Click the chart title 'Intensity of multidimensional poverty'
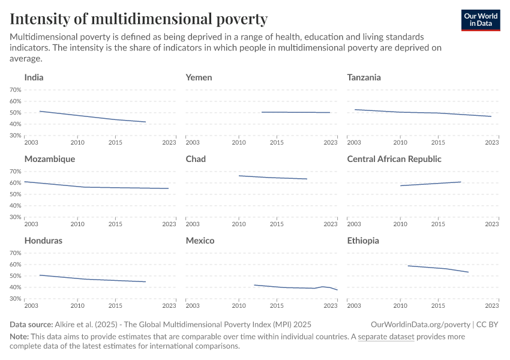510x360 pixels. pyautogui.click(x=139, y=19)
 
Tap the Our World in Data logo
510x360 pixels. pyautogui.click(x=481, y=20)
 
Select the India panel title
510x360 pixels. pyautogui.click(x=34, y=77)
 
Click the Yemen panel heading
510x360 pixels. pyautogui.click(x=199, y=77)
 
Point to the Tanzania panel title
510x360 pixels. pyautogui.click(x=364, y=77)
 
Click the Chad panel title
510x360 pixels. pyautogui.click(x=196, y=159)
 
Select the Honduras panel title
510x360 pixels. pyautogui.click(x=43, y=241)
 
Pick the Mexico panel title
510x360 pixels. pyautogui.click(x=200, y=241)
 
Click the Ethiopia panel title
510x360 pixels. pyautogui.click(x=363, y=241)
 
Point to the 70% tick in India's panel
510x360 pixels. pyautogui.click(x=16, y=90)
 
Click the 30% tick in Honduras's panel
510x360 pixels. pyautogui.click(x=16, y=299)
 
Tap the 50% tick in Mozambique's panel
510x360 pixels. pyautogui.click(x=16, y=194)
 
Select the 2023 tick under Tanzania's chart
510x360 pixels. pyautogui.click(x=491, y=143)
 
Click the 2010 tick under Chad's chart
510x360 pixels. pyautogui.click(x=239, y=224)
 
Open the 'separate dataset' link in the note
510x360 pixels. pyautogui.click(x=386, y=337)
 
